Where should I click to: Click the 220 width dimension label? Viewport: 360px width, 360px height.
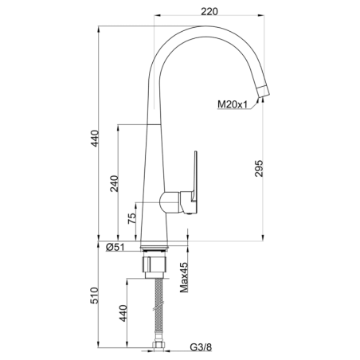click(209, 11)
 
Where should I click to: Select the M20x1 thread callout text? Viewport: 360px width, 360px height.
click(233, 104)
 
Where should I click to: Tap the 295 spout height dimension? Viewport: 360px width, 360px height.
click(259, 168)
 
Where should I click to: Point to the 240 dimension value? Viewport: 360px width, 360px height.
click(114, 183)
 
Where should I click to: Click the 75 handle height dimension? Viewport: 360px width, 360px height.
click(131, 218)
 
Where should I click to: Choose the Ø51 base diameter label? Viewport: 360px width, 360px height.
click(115, 247)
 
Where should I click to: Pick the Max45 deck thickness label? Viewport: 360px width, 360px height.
click(184, 277)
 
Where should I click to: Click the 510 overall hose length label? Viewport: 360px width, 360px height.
click(94, 295)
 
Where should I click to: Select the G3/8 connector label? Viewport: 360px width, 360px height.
click(201, 347)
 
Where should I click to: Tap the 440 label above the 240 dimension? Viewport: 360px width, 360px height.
click(95, 138)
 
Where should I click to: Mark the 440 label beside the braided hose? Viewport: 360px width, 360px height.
click(123, 313)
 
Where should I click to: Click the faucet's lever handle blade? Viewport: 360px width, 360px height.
click(195, 176)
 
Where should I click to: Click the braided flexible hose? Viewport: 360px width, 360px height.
click(158, 310)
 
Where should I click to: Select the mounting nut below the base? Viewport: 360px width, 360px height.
click(155, 264)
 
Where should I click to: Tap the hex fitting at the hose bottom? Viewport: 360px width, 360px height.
click(158, 346)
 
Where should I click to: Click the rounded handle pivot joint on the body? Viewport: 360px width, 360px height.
click(170, 202)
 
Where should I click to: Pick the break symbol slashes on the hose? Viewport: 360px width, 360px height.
click(158, 305)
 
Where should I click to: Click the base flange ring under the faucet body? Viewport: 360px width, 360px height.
click(154, 246)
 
